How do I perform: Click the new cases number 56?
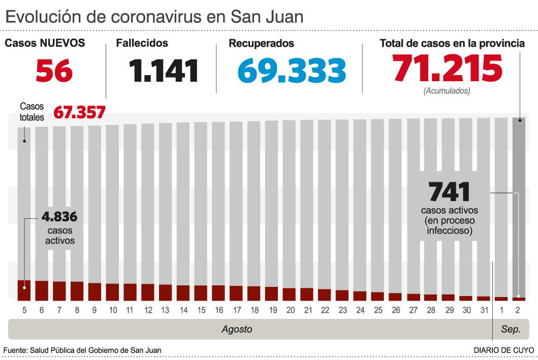point(54,71)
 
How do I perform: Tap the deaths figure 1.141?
point(163,71)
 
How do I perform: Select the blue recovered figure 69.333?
point(292,71)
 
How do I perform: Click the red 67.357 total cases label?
point(79,112)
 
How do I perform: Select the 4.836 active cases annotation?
point(59,217)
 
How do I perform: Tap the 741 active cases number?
point(449,192)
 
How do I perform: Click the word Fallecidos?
point(142,44)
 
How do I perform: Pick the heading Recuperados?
point(261,44)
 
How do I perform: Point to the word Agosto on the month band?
point(237,329)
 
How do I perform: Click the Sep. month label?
point(511,329)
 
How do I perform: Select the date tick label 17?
point(236,310)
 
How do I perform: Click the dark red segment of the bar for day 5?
point(24,290)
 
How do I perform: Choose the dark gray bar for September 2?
point(519,203)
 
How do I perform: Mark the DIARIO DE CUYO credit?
point(503,350)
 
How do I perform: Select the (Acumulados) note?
point(447,91)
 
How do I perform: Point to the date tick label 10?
point(113,310)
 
